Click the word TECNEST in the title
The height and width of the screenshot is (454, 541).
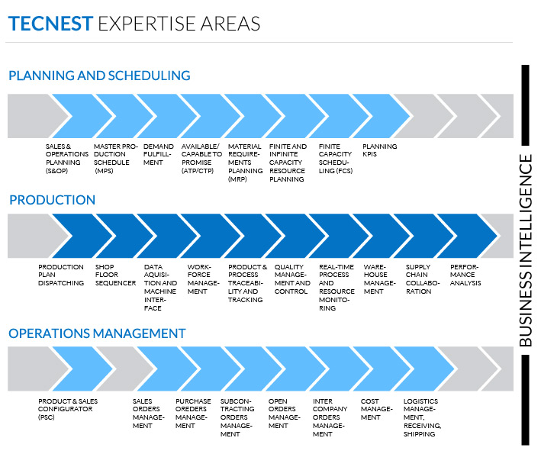coord(50,24)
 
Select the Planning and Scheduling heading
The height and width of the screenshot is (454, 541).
coord(99,76)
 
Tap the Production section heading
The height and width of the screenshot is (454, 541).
coord(52,200)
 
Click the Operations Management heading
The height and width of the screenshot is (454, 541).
coord(97,333)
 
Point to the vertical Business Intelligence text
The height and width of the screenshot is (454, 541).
coord(526,250)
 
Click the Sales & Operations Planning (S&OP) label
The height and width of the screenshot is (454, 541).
coord(67,159)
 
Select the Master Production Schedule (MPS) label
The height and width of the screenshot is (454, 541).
coord(115,159)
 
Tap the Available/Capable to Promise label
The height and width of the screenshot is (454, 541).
coord(202,159)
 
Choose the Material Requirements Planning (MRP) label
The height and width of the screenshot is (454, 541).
coord(245,163)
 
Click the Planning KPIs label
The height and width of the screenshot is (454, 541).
coord(379,150)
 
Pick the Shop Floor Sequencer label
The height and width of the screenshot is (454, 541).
coord(115,275)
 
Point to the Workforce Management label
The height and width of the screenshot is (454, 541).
coord(203,279)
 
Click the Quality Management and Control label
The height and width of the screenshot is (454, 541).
coord(292,279)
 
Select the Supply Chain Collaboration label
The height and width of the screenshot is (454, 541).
coord(423,279)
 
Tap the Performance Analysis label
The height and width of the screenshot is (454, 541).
coord(465,275)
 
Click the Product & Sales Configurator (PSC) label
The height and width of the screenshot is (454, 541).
coord(68,409)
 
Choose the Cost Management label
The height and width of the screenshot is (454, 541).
coord(376,409)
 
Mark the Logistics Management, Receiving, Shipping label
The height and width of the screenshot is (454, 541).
coord(422,417)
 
